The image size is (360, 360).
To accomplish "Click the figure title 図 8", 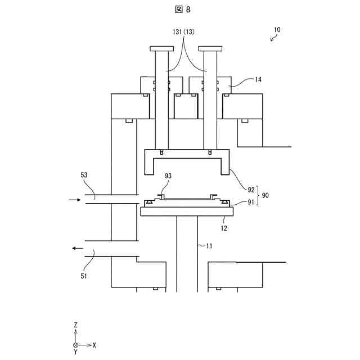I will [180, 9].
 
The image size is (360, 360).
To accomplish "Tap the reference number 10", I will [278, 29].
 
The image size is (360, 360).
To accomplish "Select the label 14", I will [258, 80].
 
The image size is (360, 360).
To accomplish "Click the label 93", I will [168, 176].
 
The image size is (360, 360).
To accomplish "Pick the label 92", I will [251, 190].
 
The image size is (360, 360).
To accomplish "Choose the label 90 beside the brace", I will [265, 195].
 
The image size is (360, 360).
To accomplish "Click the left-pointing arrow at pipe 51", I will [77, 248].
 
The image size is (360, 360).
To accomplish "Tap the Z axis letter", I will [75, 325].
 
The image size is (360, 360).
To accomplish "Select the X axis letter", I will [94, 344].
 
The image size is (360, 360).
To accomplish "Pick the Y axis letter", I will [75, 352].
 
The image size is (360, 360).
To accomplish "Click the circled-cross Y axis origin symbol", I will [75, 344].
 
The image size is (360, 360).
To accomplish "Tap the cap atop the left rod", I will [160, 48].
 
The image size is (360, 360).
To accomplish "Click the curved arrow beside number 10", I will [274, 38].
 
